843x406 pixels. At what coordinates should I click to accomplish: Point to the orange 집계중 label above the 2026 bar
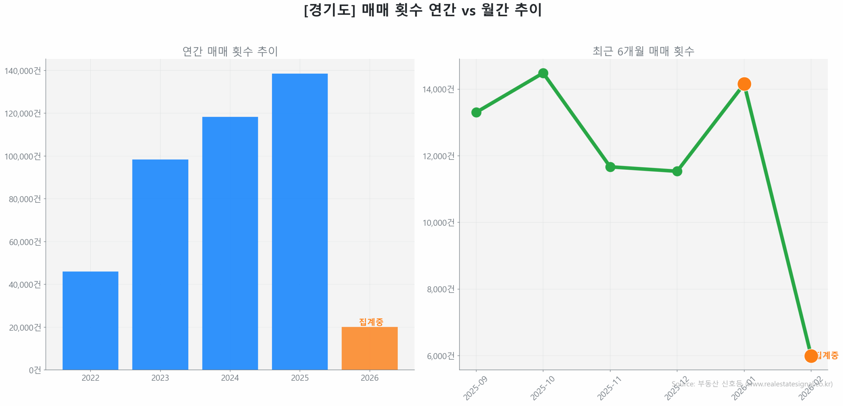point(371,321)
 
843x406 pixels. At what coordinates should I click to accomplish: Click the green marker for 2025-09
point(476,112)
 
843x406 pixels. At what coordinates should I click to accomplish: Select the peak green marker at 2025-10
point(543,73)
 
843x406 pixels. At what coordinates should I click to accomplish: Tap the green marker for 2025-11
point(610,167)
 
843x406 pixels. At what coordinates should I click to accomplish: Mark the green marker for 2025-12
point(677,171)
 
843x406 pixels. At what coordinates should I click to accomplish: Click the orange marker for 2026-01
point(744,84)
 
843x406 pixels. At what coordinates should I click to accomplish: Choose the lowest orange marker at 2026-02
point(811,356)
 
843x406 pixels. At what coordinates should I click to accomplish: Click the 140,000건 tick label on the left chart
point(23,71)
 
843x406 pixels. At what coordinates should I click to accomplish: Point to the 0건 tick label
point(35,370)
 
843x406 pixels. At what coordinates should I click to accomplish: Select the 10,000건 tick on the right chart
point(438,222)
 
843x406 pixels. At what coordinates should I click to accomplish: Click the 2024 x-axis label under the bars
point(230,377)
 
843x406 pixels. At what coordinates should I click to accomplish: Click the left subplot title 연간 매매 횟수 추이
point(230,51)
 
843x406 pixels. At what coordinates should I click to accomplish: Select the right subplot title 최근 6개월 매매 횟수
point(643,51)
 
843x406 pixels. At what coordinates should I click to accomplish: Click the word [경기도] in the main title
point(330,10)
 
